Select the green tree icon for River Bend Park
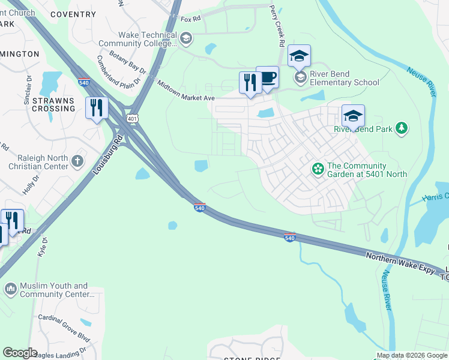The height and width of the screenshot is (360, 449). coord(402,128)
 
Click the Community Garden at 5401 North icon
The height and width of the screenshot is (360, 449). coord(318,170)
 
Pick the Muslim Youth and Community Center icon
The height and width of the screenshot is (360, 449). coord(10,290)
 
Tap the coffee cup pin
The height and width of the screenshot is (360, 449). coord(267,77)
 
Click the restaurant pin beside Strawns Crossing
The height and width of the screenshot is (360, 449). coord(96,108)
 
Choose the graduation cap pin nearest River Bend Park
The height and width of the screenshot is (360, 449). coord(353,116)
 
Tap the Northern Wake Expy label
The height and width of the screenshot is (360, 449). coord(400,263)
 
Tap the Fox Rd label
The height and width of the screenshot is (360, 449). coord(190,19)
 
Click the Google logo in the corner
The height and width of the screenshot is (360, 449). coord(20,352)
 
